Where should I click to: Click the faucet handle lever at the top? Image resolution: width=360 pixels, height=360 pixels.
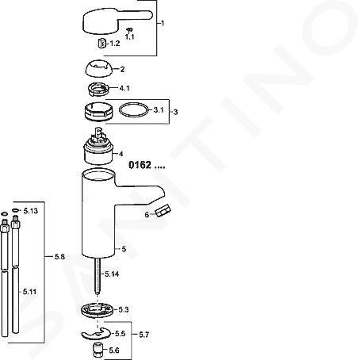point(117,21)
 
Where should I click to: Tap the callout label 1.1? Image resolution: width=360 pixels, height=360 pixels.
point(129,36)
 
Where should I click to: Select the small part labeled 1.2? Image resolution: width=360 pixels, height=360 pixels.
point(101,44)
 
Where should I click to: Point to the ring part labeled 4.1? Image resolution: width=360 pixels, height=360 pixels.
point(98,89)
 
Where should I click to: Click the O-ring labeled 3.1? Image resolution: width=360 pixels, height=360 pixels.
point(134,109)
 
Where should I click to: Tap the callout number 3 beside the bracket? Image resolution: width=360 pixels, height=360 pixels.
point(176,112)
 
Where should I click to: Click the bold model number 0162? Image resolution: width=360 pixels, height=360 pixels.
point(140,165)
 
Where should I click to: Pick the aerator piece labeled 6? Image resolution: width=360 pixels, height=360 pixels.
point(163,211)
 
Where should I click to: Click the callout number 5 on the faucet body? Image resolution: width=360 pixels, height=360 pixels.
point(124,249)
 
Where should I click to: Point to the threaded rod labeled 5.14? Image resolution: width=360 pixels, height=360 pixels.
point(98,277)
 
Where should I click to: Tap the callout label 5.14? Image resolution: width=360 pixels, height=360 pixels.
point(112,274)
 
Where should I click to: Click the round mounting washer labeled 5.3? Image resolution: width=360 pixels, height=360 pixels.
point(98,309)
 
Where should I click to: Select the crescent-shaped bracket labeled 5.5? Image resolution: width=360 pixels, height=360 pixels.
point(97,334)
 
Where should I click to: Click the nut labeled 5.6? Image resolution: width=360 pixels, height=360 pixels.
point(98,350)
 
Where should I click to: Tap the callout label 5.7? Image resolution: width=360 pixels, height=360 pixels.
point(144,335)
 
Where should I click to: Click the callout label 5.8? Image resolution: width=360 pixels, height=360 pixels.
point(59,256)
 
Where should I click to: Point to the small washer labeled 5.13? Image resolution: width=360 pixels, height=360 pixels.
point(15,210)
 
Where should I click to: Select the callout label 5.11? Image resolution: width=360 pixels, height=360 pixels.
point(29,292)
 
